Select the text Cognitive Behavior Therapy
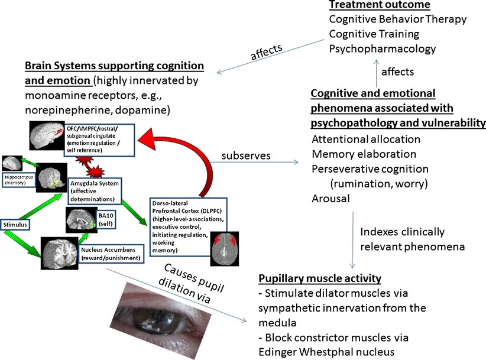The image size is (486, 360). pyautogui.click(x=397, y=20)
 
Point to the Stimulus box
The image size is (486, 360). pyautogui.click(x=15, y=225)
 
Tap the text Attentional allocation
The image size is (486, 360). pyautogui.click(x=366, y=140)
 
